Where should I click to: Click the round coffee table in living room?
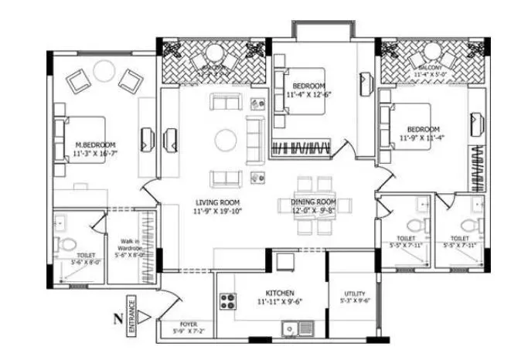(226, 140)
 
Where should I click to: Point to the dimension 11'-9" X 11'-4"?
(424, 138)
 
